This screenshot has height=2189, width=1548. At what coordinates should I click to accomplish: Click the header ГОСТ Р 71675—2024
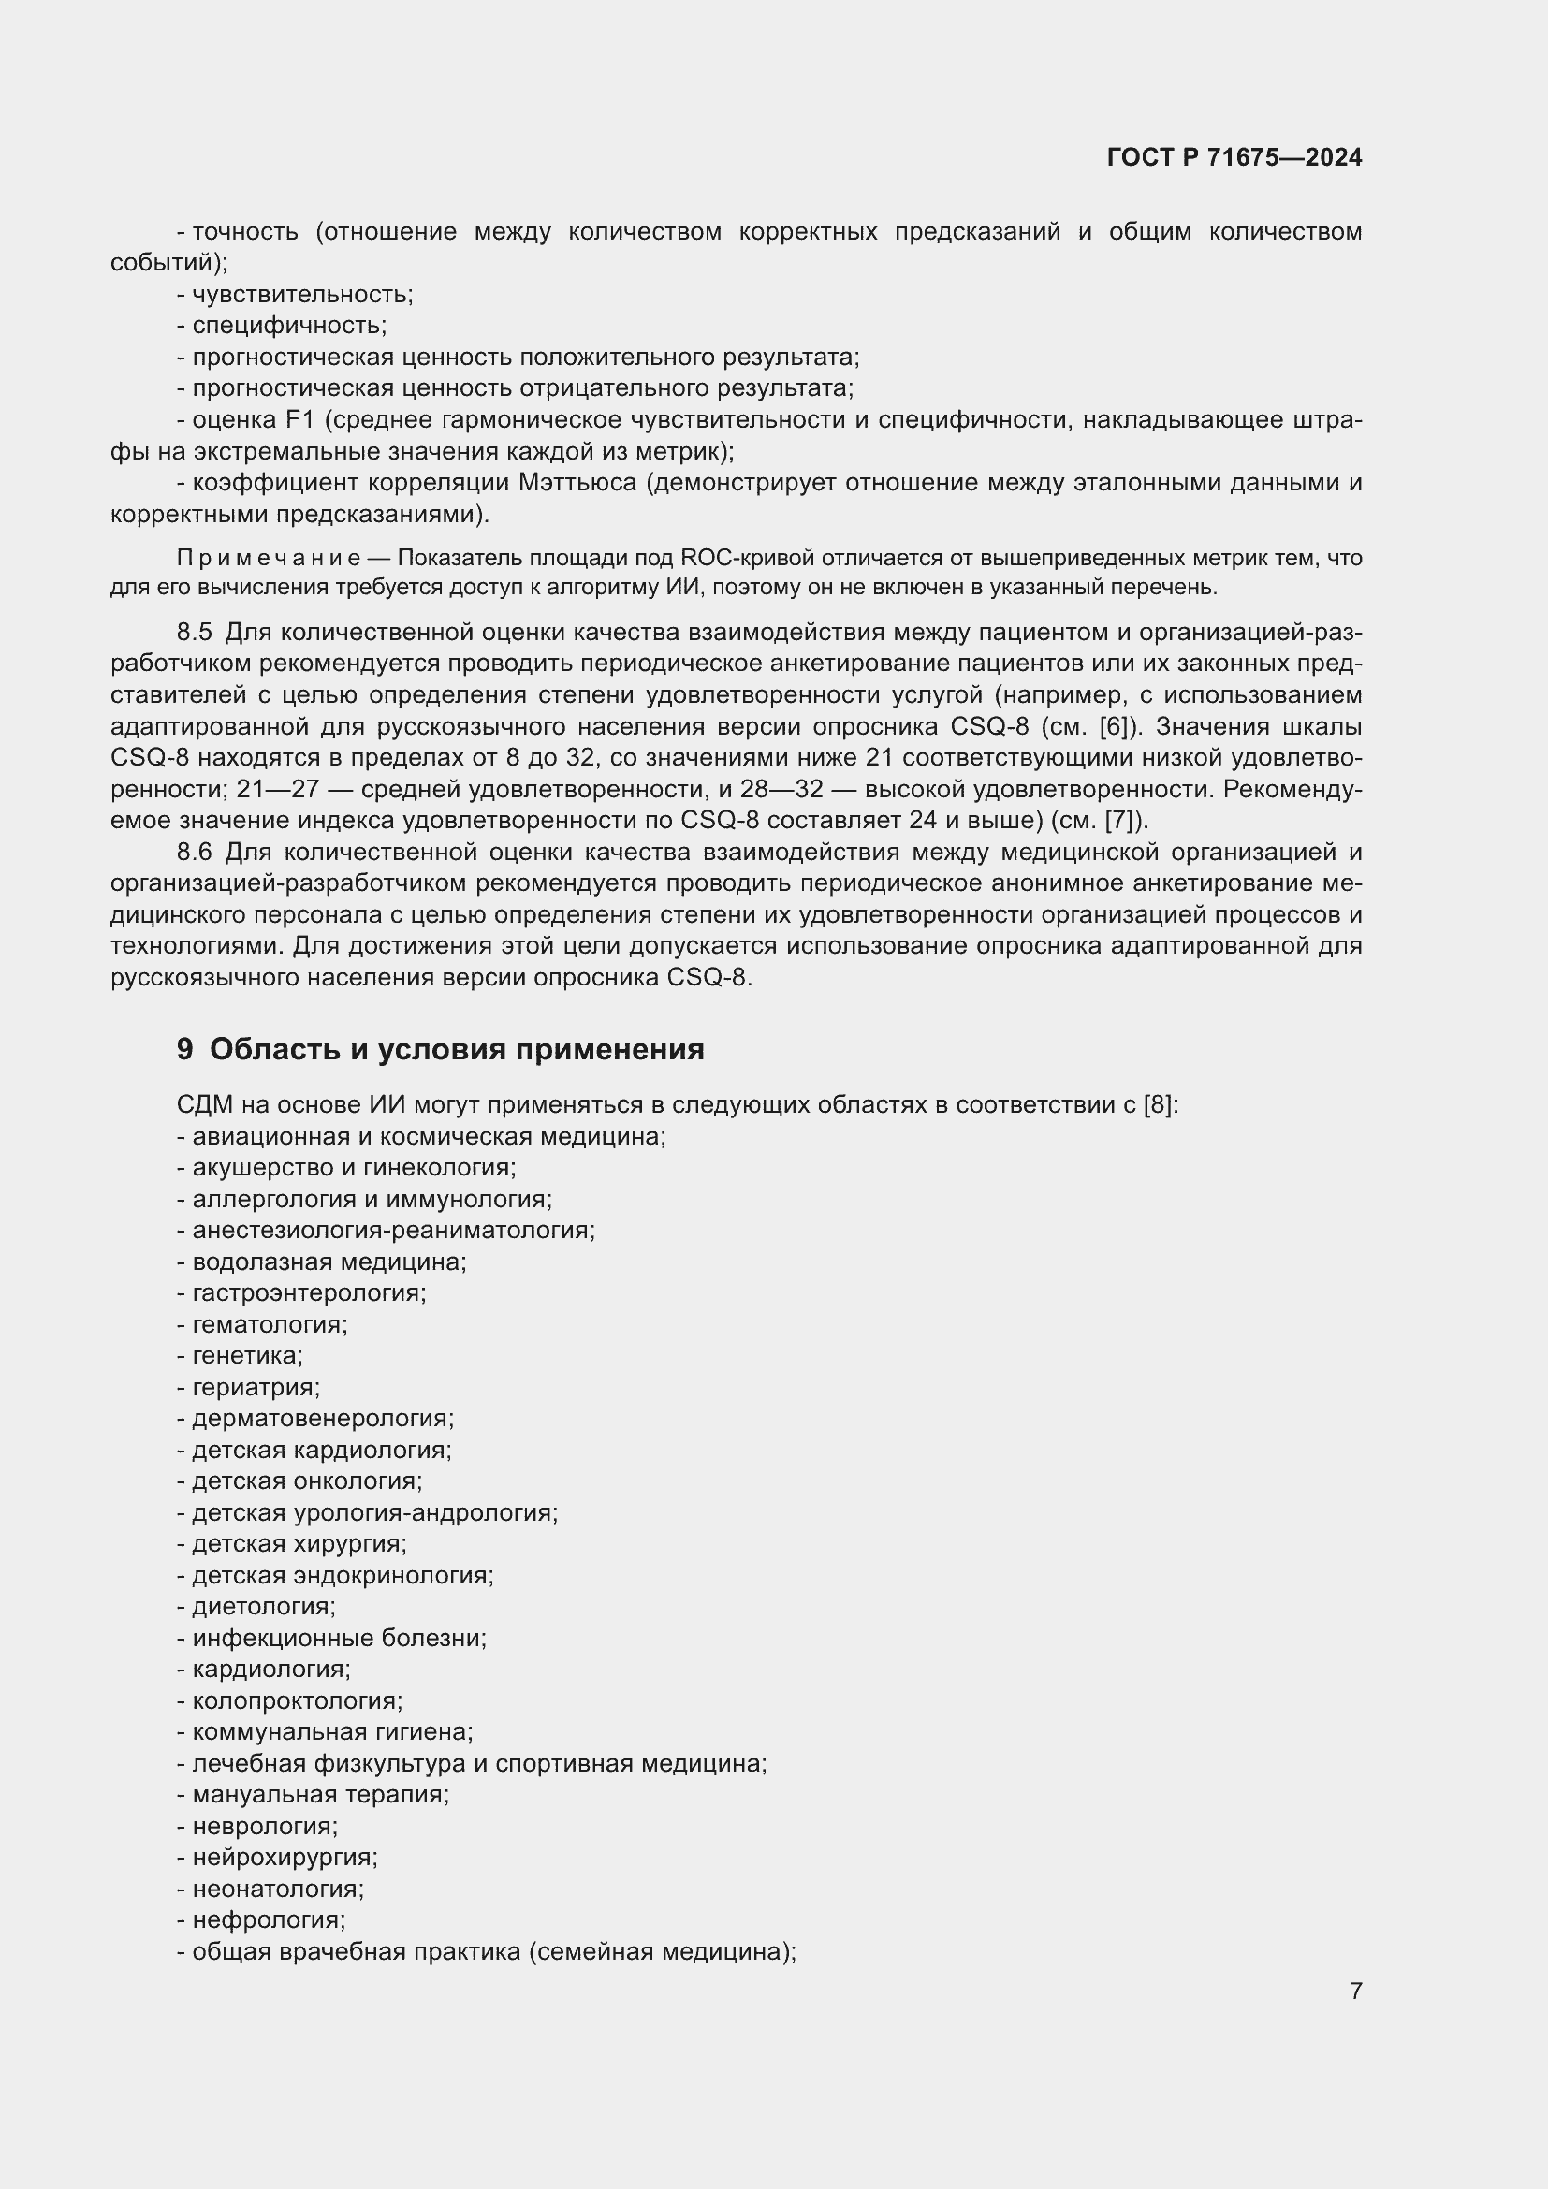1234,157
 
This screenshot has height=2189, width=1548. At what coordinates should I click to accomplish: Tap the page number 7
1355,1991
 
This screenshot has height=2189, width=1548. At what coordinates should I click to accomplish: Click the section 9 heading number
185,1050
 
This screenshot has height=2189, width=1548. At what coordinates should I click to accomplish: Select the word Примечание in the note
269,558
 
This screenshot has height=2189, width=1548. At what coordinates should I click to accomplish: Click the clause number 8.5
194,632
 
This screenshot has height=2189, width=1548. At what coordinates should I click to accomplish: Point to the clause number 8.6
194,852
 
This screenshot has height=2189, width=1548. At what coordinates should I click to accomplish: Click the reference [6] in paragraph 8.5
1114,726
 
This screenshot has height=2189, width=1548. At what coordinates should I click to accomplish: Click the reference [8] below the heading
1158,1105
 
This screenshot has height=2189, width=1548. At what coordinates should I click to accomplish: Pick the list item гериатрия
255,1387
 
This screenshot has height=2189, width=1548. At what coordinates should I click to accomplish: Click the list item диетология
262,1607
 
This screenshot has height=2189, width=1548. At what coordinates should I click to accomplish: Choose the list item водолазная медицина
328,1262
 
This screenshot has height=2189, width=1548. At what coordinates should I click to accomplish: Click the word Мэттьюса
577,482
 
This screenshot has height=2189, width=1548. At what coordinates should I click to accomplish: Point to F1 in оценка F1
294,419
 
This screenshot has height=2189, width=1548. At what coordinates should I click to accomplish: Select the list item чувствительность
301,295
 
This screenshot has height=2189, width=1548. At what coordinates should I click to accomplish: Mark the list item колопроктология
296,1700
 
